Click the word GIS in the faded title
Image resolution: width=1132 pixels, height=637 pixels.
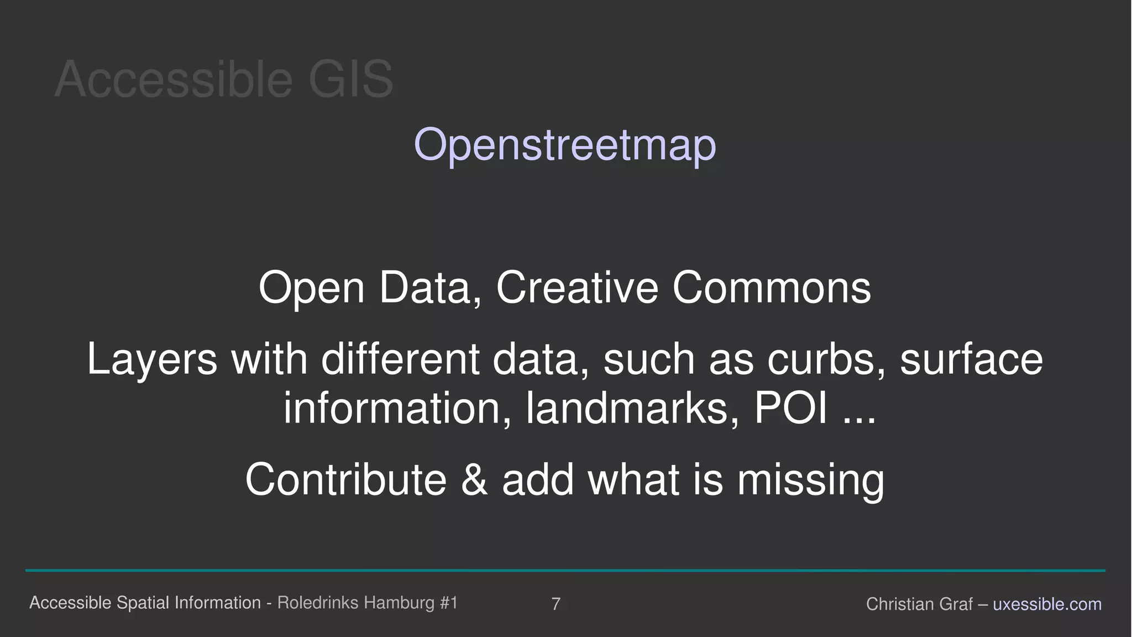click(350, 80)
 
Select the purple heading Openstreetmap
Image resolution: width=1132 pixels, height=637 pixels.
click(565, 145)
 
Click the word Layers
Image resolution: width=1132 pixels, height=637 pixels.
click(152, 359)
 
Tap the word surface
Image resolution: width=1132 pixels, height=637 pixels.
click(971, 359)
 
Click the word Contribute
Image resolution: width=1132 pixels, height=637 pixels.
click(346, 479)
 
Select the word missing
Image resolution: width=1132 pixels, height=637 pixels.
click(810, 479)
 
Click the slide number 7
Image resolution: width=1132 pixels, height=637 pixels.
click(555, 604)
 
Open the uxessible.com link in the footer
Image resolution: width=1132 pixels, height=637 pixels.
click(1047, 604)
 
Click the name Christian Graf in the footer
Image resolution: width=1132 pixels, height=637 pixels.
click(919, 604)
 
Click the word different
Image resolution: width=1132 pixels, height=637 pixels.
click(400, 359)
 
